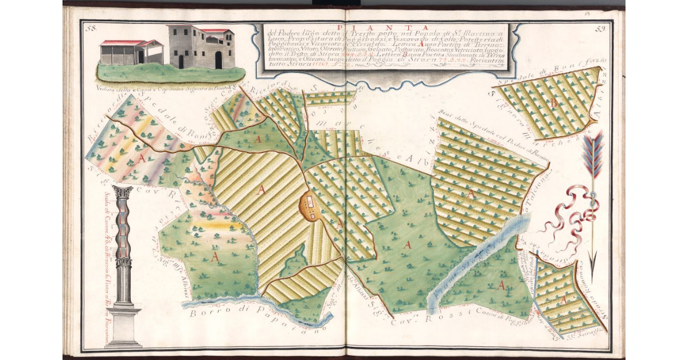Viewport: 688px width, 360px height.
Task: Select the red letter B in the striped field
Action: tap(553, 103)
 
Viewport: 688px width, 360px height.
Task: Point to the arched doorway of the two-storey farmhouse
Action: tap(218, 59)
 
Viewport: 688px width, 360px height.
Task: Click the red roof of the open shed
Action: tap(122, 43)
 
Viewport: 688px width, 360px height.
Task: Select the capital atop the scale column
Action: tap(123, 192)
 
